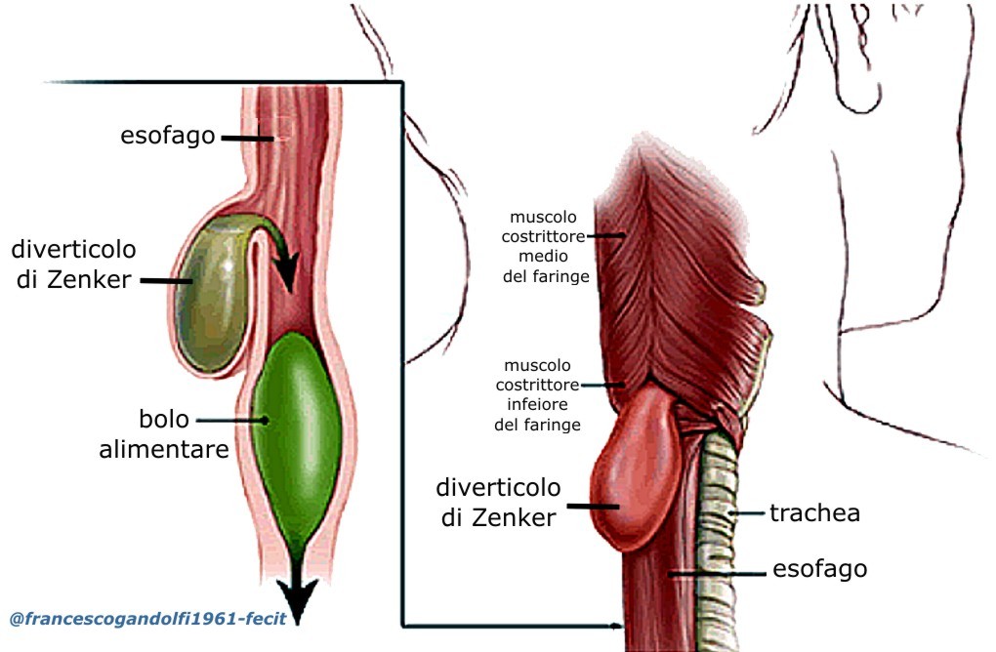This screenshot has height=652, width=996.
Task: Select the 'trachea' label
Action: point(814,512)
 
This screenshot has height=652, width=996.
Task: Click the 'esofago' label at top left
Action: point(167,136)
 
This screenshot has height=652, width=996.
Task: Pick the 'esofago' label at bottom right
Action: point(819,568)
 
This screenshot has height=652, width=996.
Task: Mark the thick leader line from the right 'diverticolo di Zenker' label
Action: point(595,506)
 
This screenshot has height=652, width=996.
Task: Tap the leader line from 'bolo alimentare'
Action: point(233,421)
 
